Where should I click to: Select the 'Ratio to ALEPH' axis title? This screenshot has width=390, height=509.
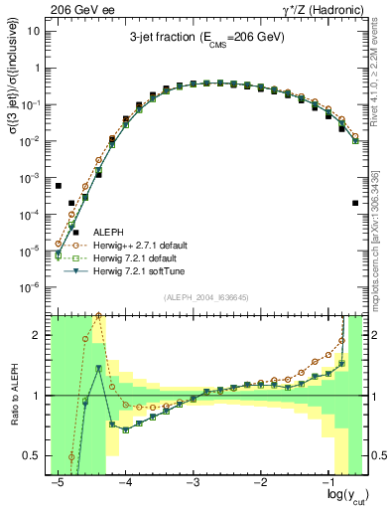point(14,395)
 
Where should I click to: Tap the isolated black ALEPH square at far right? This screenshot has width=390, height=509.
point(355,203)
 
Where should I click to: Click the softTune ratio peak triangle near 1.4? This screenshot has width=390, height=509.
point(98,369)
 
